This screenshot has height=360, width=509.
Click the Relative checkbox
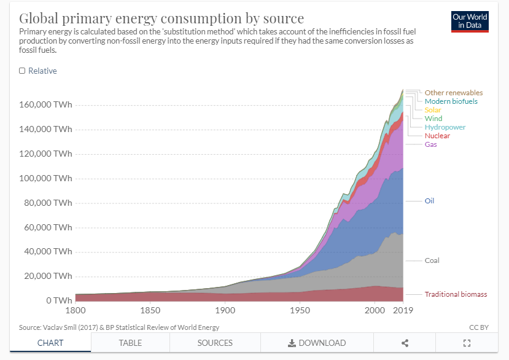[22, 71]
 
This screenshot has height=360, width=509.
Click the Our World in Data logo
[470, 20]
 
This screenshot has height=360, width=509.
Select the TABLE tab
[130, 343]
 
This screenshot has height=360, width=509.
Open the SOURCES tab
[215, 343]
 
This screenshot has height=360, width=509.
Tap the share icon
[405, 343]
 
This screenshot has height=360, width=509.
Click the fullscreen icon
[466, 343]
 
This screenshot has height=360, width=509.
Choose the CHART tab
[50, 343]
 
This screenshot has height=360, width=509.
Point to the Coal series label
[432, 260]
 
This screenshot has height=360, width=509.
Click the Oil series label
[429, 201]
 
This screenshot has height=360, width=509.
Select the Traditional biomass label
[456, 294]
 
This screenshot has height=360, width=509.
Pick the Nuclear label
[437, 136]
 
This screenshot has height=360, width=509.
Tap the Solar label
[433, 110]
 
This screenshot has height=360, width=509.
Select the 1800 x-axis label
[76, 311]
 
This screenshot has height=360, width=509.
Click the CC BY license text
[478, 327]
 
